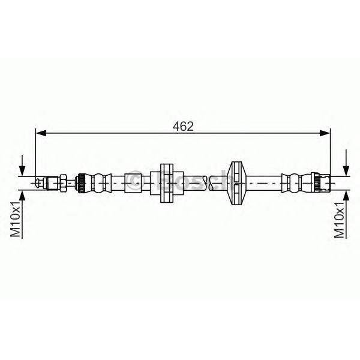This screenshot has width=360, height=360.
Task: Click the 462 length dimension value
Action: point(183,126)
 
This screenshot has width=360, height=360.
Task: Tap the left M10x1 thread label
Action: point(16,220)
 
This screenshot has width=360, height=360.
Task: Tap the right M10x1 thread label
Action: point(340,220)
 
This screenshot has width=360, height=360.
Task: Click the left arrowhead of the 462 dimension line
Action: point(41,133)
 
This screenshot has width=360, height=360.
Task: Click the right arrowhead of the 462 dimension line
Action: point(325,133)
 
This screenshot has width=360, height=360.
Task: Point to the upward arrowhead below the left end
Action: point(22,196)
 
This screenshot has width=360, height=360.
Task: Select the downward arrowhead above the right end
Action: point(346,171)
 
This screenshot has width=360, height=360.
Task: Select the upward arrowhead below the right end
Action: point(346,196)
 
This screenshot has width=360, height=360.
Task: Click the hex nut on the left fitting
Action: point(63,183)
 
